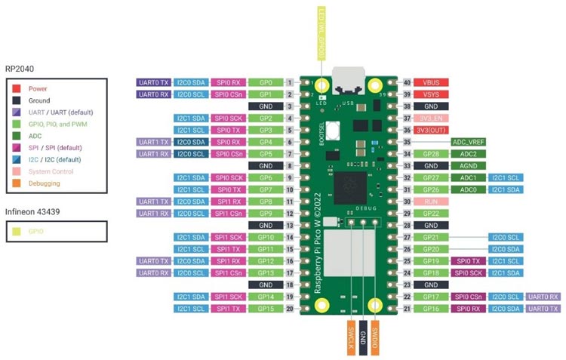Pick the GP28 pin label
coord(432,154)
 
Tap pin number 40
coord(408,82)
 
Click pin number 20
coord(289,309)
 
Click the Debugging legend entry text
coord(44,183)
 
